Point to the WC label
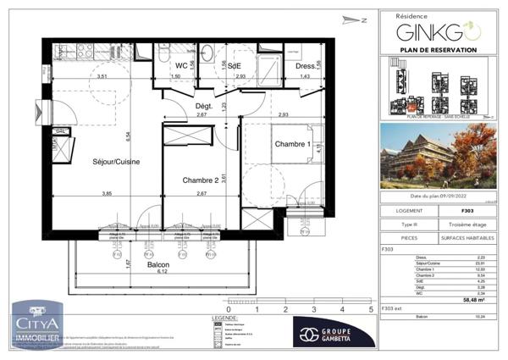tap(180, 66)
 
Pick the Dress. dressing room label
tap(306, 66)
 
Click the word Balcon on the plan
tap(158, 264)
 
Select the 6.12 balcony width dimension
tap(158, 273)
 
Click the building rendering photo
tap(437, 156)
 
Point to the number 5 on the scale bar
tap(371, 310)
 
